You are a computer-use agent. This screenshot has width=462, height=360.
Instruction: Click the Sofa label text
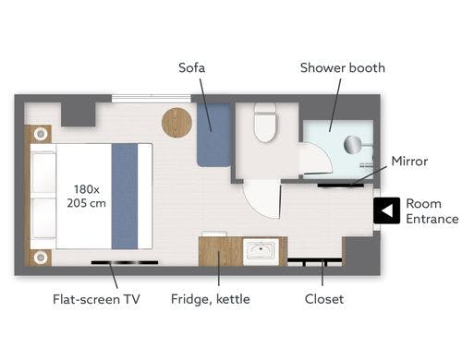pos(191,67)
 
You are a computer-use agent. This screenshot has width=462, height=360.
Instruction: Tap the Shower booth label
pos(343,67)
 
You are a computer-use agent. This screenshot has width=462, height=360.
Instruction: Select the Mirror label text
pos(409,162)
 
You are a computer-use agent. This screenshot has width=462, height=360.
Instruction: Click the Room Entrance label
pos(432,211)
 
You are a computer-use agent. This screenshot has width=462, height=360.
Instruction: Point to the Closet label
pos(324,299)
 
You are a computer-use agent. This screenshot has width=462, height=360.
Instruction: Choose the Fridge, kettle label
pos(211,299)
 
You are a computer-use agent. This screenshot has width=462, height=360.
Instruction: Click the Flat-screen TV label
pos(96,299)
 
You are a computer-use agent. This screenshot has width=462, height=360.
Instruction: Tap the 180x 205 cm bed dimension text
pos(86,196)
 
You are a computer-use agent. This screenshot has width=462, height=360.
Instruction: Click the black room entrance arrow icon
pos(387,210)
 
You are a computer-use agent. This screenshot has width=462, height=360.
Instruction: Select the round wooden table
pos(176,122)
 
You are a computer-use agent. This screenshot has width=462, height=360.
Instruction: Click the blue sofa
pos(214,135)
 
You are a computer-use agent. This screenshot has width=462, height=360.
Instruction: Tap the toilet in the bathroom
pos(265,122)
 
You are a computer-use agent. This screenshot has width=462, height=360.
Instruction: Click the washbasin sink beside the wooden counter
pos(261,251)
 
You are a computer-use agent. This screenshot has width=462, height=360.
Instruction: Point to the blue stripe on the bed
pos(125,196)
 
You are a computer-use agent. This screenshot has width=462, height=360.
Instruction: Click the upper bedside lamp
pos(41,134)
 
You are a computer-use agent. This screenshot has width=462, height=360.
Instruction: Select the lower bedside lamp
pos(41,257)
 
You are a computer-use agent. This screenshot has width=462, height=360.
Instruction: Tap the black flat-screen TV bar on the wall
pos(125,262)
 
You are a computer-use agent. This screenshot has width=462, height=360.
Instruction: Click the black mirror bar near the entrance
pos(341,186)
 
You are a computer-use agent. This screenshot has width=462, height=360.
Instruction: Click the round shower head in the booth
pos(352,144)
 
